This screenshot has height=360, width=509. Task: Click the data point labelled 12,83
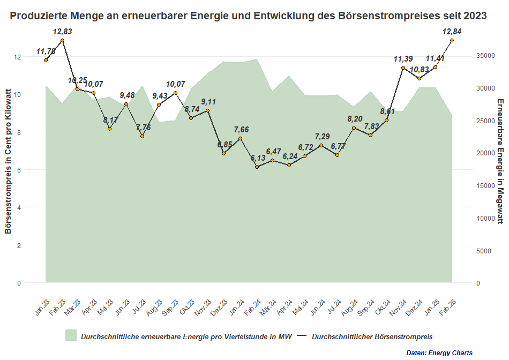(x=63, y=41)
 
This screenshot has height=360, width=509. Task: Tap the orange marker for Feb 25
(x=452, y=40)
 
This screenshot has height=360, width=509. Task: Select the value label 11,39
(x=403, y=59)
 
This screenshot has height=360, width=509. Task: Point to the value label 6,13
(x=257, y=159)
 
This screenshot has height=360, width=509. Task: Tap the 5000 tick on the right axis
(x=484, y=250)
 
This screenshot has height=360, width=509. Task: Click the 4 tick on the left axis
(x=19, y=207)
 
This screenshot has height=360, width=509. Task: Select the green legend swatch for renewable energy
(x=71, y=336)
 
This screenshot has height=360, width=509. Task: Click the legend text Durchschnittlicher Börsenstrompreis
(x=372, y=336)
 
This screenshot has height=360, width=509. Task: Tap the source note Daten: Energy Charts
(x=439, y=352)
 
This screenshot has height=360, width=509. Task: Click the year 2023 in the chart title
(x=473, y=16)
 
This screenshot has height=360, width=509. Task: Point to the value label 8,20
(x=355, y=119)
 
